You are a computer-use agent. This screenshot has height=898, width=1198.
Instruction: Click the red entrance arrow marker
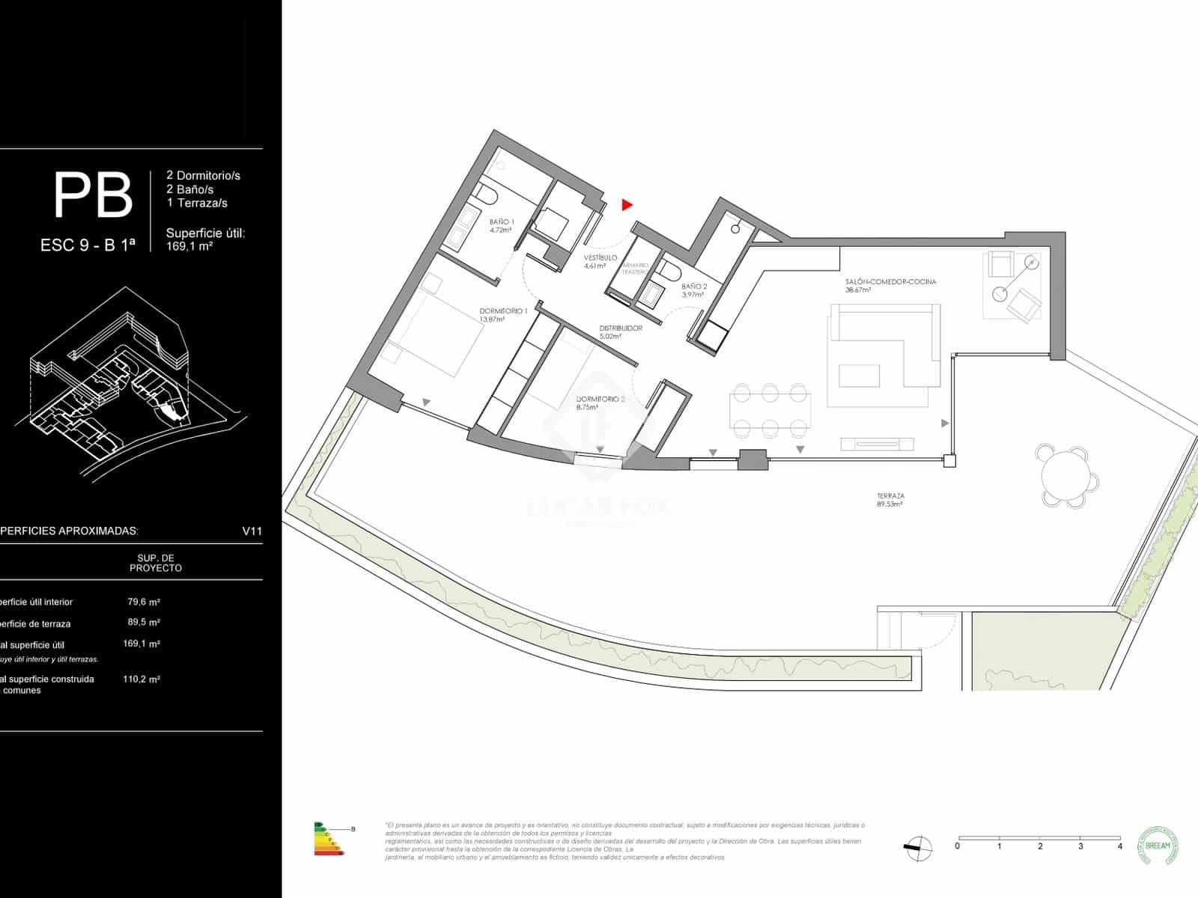[627, 204]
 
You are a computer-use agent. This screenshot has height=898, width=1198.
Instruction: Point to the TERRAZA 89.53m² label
[890, 500]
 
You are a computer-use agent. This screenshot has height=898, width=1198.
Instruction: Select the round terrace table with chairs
[1067, 477]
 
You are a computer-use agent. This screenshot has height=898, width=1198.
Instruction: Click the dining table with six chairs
[770, 410]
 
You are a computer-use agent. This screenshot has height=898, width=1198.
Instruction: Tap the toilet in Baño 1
[487, 196]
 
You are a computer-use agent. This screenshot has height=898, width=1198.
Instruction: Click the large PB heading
[93, 196]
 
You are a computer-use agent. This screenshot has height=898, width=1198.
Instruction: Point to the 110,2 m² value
[142, 679]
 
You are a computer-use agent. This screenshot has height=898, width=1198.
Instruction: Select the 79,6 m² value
[144, 601]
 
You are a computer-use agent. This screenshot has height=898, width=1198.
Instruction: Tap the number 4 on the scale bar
[1119, 846]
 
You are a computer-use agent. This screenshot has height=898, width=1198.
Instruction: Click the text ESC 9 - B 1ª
[88, 245]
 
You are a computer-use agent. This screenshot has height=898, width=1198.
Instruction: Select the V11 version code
[252, 531]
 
